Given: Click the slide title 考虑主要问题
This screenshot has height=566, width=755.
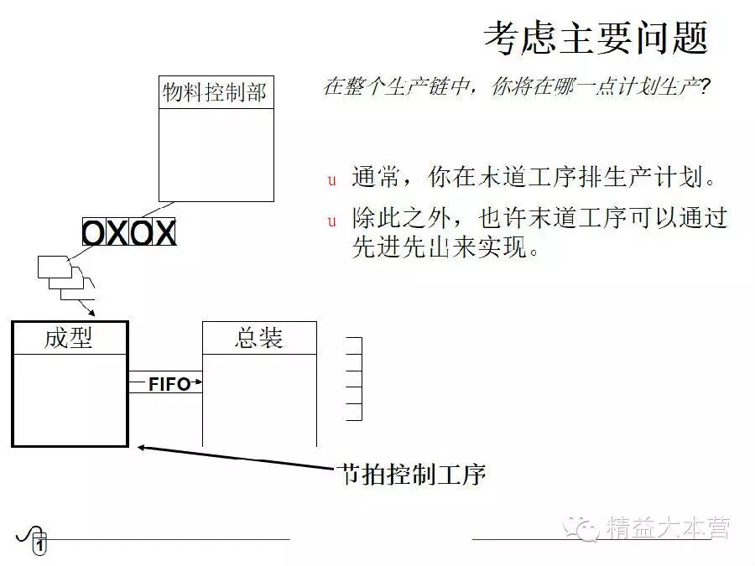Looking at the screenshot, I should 596,39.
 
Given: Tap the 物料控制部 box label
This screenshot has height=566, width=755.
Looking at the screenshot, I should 216,92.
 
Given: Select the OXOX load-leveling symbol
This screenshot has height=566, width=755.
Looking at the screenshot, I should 129,232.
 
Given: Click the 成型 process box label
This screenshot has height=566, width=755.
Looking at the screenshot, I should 69,338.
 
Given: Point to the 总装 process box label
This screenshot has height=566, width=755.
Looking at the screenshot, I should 259,338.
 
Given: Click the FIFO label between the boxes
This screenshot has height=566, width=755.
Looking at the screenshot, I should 169,384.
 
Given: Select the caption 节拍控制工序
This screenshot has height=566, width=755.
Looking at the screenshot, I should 411,475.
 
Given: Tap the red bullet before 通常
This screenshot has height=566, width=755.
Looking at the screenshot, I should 331,179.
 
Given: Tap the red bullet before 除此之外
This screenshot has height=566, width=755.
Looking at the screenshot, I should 331,221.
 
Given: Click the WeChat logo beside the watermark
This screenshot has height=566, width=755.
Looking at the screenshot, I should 580,528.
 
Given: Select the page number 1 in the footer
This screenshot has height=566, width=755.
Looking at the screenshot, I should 39,546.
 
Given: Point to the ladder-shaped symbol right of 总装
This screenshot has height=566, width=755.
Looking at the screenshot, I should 354,378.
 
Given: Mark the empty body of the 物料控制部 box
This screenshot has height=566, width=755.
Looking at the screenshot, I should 216,155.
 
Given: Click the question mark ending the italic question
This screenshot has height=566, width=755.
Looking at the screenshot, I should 706,87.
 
